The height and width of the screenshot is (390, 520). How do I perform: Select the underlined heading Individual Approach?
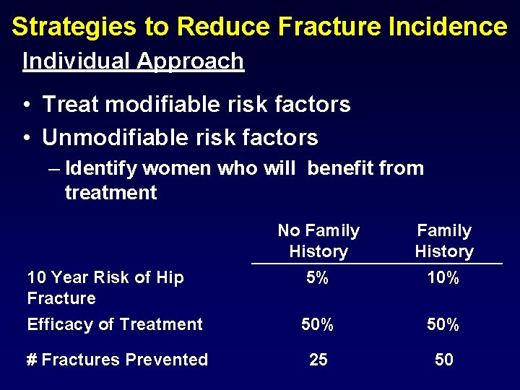pyautogui.click(x=133, y=61)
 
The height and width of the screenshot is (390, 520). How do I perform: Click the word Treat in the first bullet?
pyautogui.click(x=69, y=105)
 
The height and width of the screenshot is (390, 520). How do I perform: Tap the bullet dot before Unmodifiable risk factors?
pyautogui.click(x=26, y=138)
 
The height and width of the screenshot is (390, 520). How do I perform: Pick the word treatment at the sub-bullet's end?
pyautogui.click(x=110, y=193)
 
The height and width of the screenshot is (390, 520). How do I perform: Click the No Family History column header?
pyautogui.click(x=318, y=241)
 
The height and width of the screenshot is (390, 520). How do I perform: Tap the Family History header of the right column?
pyautogui.click(x=444, y=241)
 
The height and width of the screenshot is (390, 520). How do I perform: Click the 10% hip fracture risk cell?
pyautogui.click(x=443, y=278)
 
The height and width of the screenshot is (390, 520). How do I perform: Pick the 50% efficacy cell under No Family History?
pyautogui.click(x=318, y=325)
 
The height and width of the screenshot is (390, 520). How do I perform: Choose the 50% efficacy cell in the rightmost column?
pyautogui.click(x=443, y=325)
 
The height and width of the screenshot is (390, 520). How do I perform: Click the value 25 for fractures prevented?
pyautogui.click(x=318, y=360)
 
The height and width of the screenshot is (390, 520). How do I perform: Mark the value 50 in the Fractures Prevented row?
pyautogui.click(x=443, y=360)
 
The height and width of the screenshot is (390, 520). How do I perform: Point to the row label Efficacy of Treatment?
pyautogui.click(x=115, y=325)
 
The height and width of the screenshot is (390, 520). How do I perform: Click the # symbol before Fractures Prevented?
pyautogui.click(x=32, y=360)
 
